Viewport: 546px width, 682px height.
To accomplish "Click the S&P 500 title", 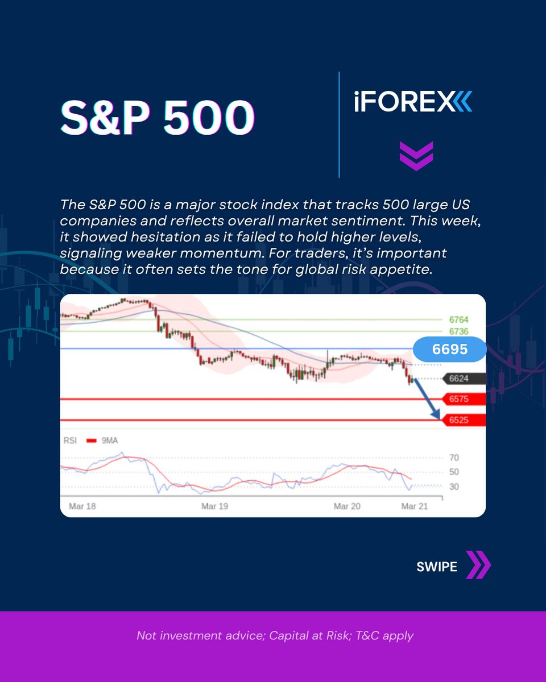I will (158, 119).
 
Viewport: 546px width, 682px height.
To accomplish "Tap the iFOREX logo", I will (413, 103).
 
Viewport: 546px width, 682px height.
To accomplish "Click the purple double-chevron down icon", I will (416, 156).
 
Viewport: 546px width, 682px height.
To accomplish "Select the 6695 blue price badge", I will (449, 350).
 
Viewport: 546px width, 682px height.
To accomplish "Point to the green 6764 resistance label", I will (458, 320).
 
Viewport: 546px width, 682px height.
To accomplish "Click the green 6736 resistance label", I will (458, 331).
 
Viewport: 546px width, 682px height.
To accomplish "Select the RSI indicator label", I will (71, 440).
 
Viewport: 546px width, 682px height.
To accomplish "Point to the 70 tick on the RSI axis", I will (454, 458).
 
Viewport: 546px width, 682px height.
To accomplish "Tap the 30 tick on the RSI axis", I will (454, 486).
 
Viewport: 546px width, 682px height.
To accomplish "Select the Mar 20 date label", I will (347, 506).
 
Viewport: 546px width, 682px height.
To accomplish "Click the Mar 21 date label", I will (415, 506).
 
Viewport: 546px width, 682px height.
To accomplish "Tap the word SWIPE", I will (437, 567).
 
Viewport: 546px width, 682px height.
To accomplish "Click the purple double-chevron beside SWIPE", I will (478, 565).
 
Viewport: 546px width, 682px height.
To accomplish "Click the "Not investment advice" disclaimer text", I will (275, 635).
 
